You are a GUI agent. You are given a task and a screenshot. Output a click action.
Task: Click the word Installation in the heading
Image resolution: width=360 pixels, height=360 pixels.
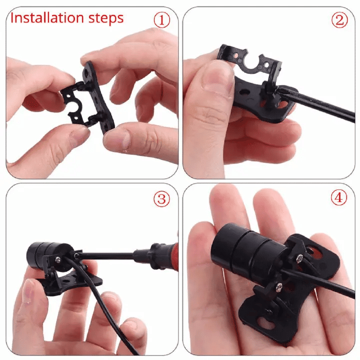point(47,18)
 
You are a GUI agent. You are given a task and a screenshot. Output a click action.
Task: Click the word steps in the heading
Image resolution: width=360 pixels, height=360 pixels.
point(106,19)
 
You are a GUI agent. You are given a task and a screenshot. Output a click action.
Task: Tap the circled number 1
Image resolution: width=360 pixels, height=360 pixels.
point(162,19)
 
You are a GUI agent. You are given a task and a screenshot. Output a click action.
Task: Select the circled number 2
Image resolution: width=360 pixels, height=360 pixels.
point(339,19)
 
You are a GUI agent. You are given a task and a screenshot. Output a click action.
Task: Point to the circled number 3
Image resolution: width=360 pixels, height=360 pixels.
point(162,198)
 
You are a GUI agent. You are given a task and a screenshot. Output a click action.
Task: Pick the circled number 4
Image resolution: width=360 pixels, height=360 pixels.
point(339,197)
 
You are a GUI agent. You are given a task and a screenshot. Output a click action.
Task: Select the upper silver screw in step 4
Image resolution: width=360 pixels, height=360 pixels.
point(299,259)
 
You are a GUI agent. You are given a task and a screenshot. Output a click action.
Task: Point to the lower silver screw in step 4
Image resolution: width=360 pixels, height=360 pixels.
point(279,287)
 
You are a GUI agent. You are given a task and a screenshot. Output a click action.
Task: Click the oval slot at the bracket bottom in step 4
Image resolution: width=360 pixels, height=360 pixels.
point(266,323)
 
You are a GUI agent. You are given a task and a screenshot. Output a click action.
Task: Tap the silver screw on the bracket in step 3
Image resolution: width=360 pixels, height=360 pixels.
point(58,259)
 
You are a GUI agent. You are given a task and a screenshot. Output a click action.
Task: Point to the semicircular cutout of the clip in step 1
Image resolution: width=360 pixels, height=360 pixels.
point(74,106)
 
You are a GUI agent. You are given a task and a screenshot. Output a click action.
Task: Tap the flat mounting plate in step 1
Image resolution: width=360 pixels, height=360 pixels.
point(98,96)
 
